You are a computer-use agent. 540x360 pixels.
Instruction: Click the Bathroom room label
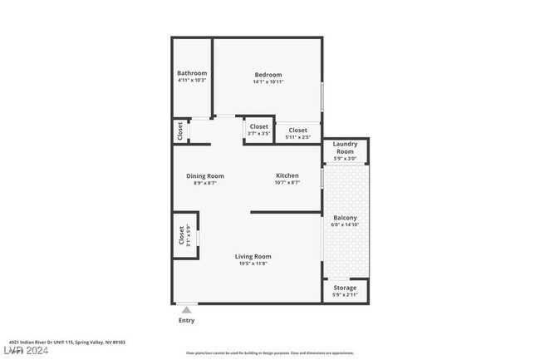192,73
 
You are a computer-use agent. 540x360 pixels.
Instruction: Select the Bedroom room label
268,75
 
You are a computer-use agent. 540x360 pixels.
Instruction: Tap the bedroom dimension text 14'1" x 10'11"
268,82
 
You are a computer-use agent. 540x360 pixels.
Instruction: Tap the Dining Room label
204,175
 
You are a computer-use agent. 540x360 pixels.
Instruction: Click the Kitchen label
287,175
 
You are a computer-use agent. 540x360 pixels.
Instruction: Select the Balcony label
345,218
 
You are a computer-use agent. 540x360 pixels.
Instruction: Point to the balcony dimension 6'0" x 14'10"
345,224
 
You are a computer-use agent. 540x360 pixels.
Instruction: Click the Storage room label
345,288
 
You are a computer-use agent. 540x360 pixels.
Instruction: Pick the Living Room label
253,257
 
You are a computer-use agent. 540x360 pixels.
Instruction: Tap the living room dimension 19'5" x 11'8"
253,264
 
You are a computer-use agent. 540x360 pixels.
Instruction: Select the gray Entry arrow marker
186,309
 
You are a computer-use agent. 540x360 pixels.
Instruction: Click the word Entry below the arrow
186,320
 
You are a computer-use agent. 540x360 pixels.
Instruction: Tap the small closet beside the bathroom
179,131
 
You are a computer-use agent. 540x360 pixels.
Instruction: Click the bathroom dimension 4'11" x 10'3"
192,81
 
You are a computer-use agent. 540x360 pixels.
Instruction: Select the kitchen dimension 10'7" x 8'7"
287,183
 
